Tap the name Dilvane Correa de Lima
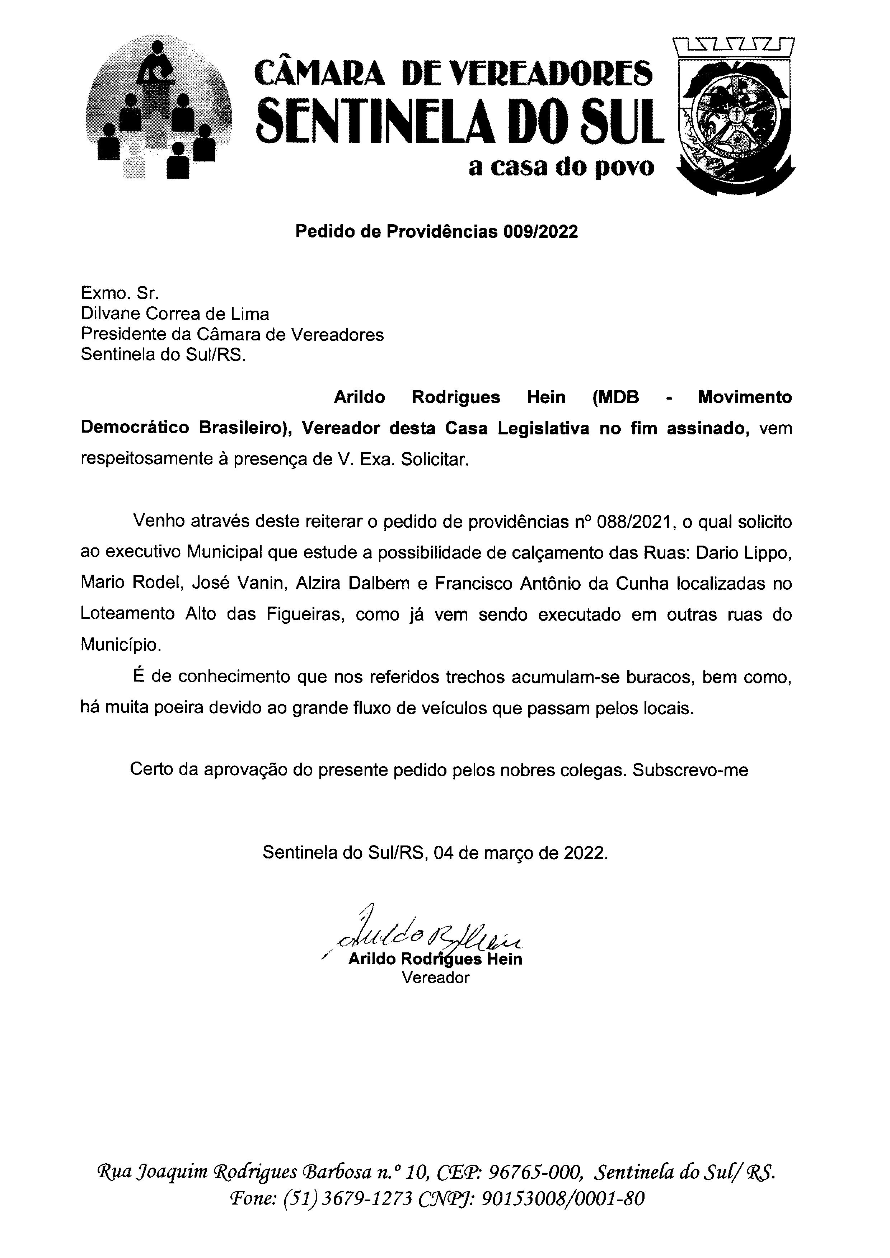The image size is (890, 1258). [175, 314]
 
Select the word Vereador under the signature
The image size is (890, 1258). [436, 977]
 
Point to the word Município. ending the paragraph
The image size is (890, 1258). [121, 645]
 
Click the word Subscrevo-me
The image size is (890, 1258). [690, 770]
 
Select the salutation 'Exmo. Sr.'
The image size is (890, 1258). [120, 294]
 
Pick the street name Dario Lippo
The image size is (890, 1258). [744, 552]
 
